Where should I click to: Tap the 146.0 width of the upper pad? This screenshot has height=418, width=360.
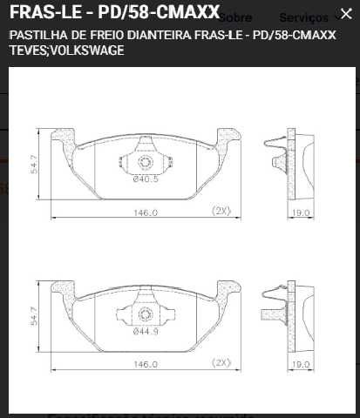(145, 212)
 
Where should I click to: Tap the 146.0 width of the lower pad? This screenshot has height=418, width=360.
(145, 363)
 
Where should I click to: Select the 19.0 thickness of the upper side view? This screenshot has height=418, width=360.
(301, 212)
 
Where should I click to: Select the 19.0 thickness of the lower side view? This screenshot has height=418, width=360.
(301, 363)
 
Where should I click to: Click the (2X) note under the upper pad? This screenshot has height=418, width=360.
(221, 211)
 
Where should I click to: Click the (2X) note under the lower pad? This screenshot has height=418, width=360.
(221, 362)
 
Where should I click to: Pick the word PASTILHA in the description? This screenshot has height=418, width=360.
(34, 36)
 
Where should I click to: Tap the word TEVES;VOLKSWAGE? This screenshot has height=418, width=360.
(66, 51)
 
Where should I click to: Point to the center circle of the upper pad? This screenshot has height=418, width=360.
(145, 162)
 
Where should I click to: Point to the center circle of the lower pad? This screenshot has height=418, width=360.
(145, 313)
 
